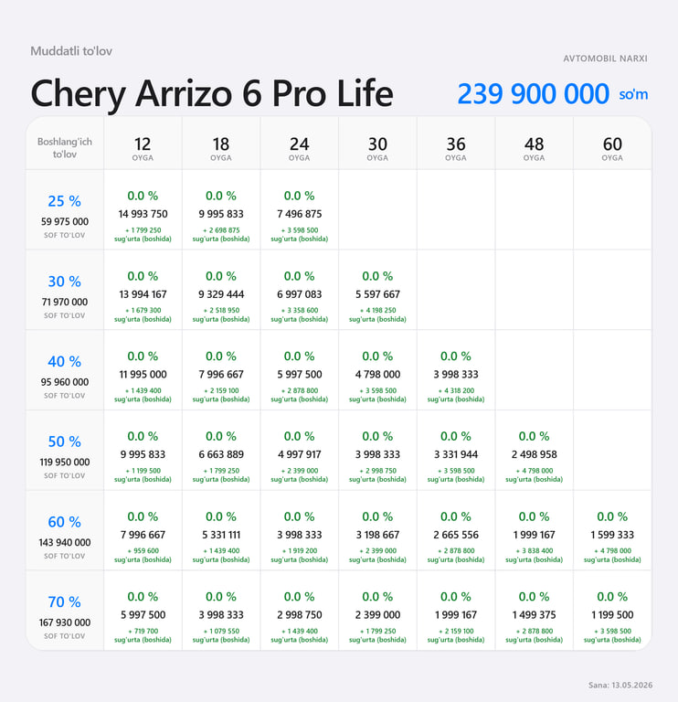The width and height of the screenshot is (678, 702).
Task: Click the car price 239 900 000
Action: [x=533, y=93]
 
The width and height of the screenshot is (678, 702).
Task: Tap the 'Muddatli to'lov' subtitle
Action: [x=71, y=51]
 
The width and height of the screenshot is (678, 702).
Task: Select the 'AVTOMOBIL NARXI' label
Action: [x=605, y=58]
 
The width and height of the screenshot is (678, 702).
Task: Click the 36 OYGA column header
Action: [x=456, y=148]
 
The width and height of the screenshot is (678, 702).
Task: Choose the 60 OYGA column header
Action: [x=612, y=148]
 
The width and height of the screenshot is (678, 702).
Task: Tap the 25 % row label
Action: [x=65, y=201]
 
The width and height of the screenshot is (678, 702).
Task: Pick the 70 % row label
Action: [x=65, y=601]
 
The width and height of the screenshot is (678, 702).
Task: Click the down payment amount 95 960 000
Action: [x=65, y=382]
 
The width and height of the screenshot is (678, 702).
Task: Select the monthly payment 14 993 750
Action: [x=143, y=214]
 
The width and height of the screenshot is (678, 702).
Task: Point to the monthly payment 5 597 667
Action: [x=377, y=294]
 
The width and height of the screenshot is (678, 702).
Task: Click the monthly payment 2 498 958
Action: [x=534, y=454]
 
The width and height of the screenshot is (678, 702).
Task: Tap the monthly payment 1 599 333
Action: [x=612, y=535]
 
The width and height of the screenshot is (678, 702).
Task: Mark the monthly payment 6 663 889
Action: [x=221, y=454]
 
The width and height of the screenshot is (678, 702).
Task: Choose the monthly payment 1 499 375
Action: [x=534, y=614]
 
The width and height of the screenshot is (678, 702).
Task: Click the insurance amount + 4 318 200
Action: [x=456, y=390]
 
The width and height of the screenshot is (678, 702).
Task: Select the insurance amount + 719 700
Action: [x=143, y=631]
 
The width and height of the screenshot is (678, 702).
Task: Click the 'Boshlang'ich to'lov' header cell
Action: [x=65, y=148]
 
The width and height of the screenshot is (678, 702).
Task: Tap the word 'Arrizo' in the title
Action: [x=184, y=93]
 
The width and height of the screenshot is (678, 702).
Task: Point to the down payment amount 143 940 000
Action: [x=65, y=542]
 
